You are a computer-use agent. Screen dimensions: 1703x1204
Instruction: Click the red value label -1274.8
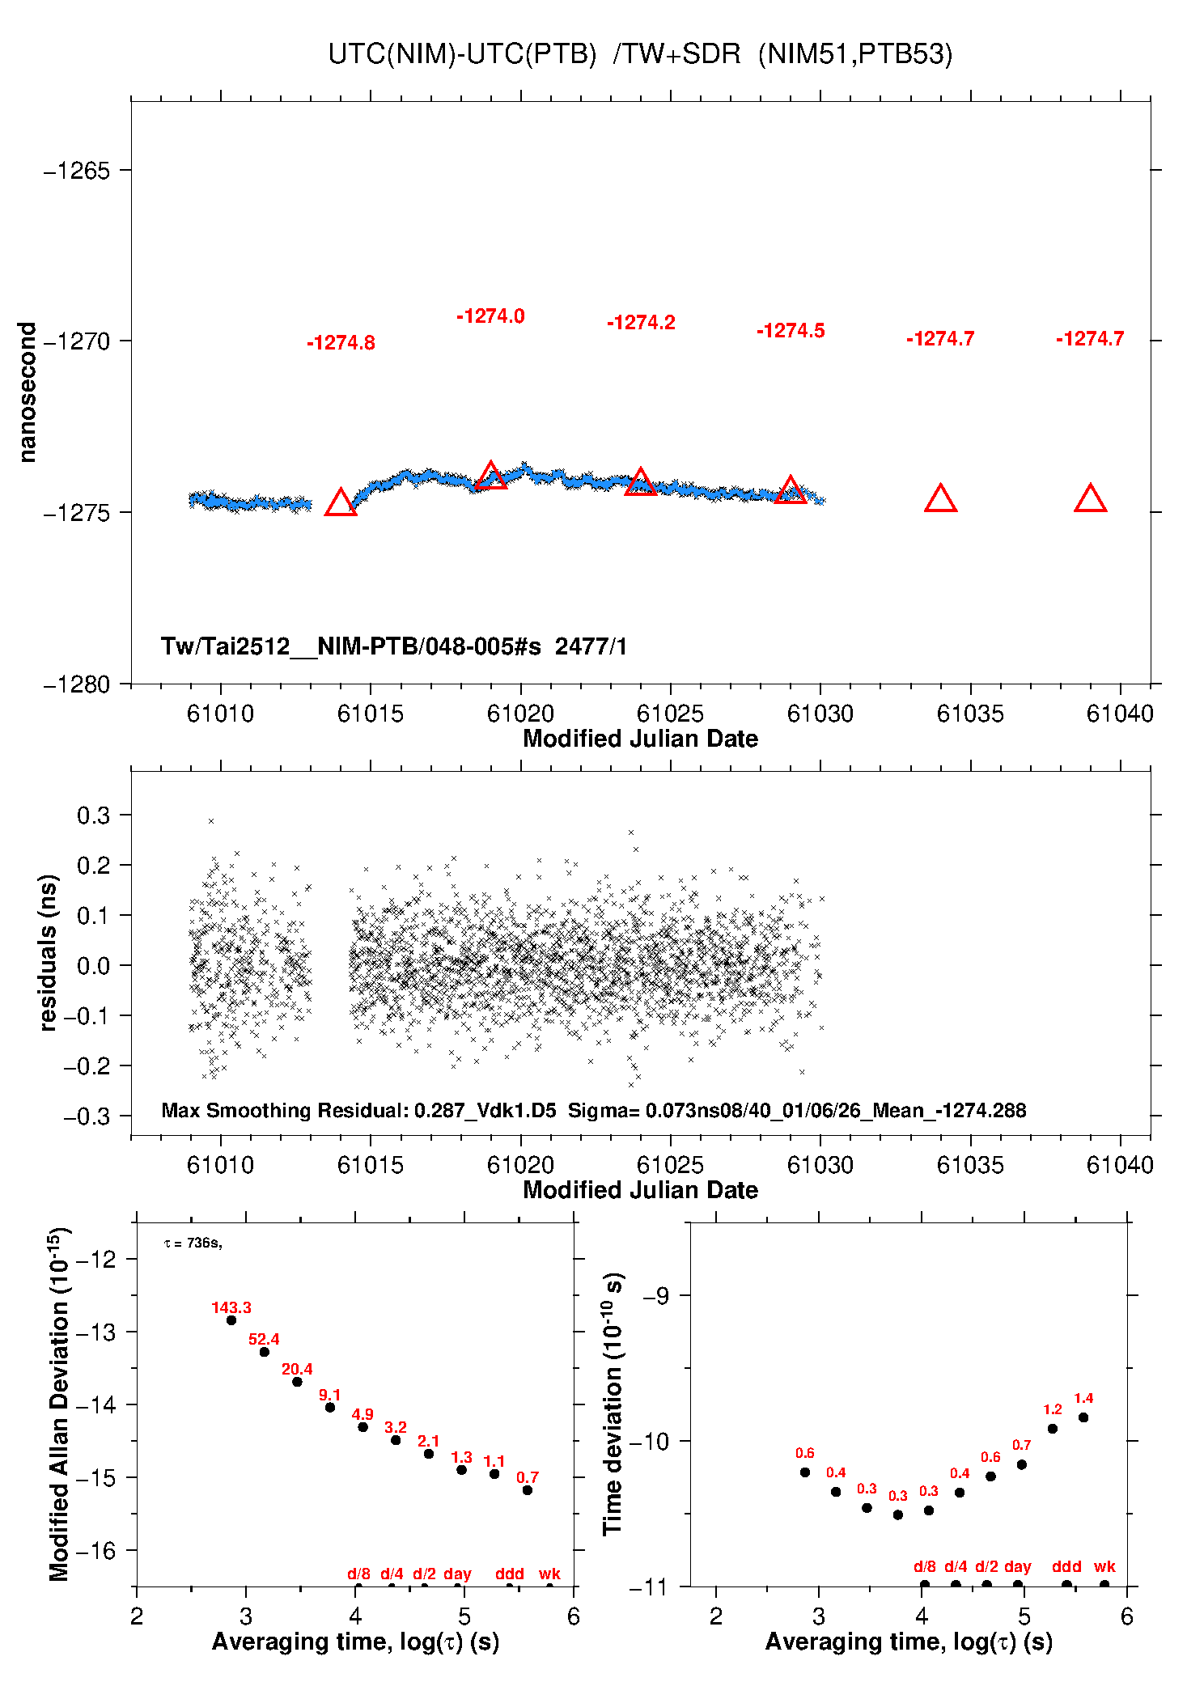(341, 343)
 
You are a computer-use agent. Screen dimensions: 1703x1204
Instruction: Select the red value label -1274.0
(490, 316)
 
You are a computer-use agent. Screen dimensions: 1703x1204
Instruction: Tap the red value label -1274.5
(791, 331)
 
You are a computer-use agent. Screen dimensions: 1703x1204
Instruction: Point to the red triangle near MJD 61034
(940, 500)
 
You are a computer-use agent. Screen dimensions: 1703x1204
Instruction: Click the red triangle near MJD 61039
(1090, 500)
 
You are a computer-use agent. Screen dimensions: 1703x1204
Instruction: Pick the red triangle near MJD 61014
(341, 503)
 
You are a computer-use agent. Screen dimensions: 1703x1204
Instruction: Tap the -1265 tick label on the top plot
(76, 171)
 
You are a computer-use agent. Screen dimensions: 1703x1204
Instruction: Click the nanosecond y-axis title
(28, 392)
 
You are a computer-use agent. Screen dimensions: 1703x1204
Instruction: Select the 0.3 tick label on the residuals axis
(93, 815)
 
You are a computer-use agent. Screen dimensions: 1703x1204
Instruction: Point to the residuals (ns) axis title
(49, 952)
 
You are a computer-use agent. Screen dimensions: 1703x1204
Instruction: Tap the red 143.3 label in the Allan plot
(231, 1307)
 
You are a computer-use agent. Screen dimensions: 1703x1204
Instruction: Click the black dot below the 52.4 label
(264, 1352)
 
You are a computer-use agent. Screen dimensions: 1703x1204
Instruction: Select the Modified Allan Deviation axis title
(58, 1404)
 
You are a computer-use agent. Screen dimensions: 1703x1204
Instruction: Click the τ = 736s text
(193, 1243)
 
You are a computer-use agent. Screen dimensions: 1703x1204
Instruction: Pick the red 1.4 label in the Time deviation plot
(1083, 1398)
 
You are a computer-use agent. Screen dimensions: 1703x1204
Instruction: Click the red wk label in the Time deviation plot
(1104, 1566)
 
